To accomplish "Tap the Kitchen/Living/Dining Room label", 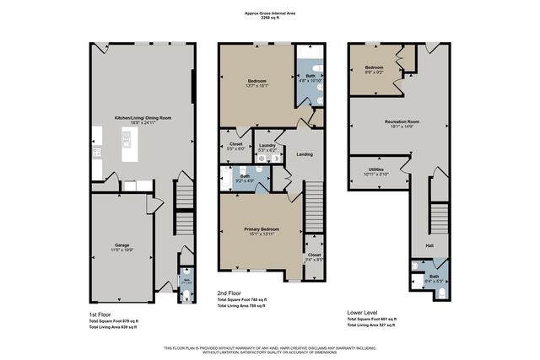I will (143, 118).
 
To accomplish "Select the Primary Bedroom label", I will (261, 229).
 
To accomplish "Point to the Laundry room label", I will (267, 145).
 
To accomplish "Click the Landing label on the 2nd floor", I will (305, 154).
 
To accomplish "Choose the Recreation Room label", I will (402, 122).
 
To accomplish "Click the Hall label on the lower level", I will (429, 245).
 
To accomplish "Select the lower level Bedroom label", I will (374, 67).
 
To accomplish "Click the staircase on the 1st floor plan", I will (182, 201).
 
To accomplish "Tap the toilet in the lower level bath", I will (443, 294).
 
